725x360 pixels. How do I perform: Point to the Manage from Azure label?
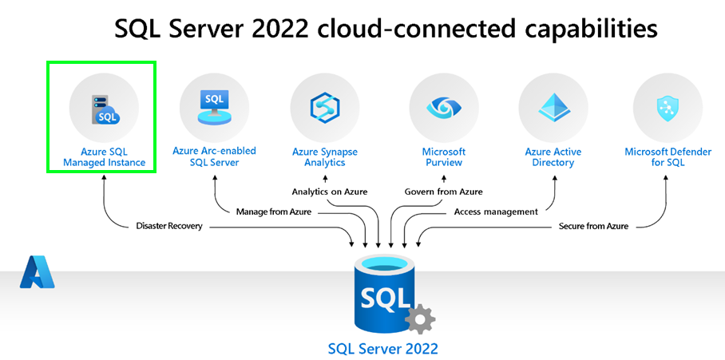pyautogui.click(x=273, y=212)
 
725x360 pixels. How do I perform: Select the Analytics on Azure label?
pyautogui.click(x=327, y=192)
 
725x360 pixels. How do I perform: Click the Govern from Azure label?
pyautogui.click(x=443, y=192)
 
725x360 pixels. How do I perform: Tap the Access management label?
pyautogui.click(x=495, y=212)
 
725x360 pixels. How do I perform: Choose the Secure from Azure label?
pyautogui.click(x=594, y=227)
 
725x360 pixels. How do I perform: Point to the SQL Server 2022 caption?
pyautogui.click(x=383, y=349)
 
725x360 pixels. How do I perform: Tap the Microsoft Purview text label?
pyautogui.click(x=443, y=157)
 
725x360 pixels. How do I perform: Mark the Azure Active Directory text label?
pyautogui.click(x=553, y=157)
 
